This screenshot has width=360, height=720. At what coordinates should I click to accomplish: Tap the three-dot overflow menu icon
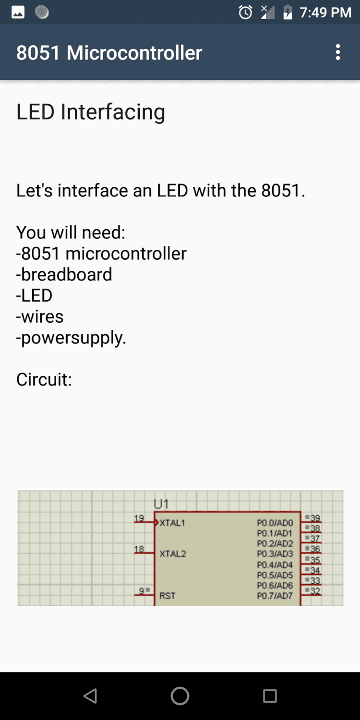338,52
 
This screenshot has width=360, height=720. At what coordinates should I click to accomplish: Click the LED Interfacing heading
91,111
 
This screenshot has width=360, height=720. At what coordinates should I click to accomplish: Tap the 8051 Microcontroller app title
109,53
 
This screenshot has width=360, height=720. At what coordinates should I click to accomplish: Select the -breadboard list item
64,274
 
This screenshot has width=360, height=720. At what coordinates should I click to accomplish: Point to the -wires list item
40,317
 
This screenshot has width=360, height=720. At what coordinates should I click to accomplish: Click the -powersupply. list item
71,338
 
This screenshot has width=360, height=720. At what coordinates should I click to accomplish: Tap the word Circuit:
44,379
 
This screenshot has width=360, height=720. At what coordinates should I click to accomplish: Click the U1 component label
161,504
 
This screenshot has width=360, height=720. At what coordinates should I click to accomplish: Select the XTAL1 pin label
172,523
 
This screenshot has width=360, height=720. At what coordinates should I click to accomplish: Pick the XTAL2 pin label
172,554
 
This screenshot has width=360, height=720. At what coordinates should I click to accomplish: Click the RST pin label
168,596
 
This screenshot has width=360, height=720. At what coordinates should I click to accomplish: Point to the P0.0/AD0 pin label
275,523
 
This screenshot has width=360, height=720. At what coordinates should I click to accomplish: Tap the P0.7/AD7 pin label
275,596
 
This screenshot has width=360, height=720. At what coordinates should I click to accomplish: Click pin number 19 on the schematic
139,518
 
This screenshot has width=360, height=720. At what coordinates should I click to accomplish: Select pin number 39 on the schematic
315,518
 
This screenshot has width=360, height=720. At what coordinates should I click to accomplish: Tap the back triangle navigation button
90,696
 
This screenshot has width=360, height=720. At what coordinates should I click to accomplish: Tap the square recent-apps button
270,696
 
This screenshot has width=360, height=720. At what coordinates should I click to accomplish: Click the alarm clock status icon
245,12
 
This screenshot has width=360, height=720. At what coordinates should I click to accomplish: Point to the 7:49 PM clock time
325,12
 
